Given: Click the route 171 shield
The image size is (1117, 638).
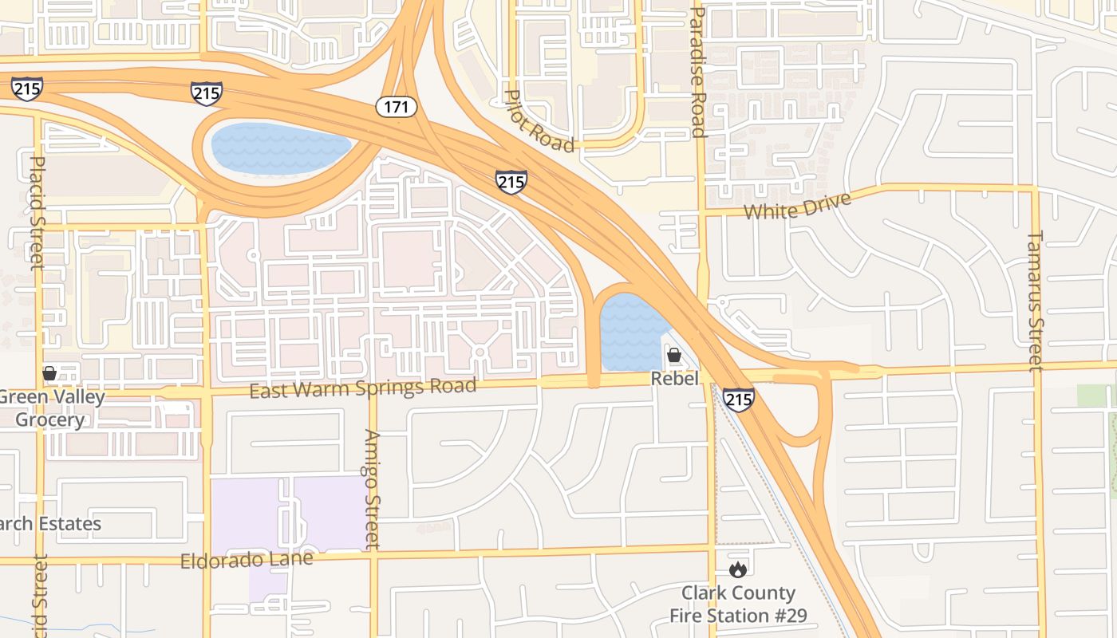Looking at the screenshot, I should (397, 106).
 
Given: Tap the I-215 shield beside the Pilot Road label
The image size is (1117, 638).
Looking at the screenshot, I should (511, 182).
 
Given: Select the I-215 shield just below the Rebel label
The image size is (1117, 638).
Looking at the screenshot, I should (738, 399).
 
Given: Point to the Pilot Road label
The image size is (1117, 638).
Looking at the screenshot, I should (539, 120).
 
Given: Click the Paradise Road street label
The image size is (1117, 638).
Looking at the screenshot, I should (698, 72).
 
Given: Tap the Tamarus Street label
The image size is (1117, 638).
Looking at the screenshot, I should (1035, 301).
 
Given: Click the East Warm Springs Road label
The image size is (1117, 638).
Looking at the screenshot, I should (363, 388).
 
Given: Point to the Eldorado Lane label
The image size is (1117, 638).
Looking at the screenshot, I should (247, 560).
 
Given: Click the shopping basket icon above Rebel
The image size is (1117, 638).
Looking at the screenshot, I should (674, 355).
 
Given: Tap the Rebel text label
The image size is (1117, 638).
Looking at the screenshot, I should (674, 378).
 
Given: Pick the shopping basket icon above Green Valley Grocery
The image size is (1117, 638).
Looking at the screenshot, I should (49, 373).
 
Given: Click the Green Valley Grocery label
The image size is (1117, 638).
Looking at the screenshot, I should (49, 408).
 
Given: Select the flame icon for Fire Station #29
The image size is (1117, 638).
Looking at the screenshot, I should (738, 569).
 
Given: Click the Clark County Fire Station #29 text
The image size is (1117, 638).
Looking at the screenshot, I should (738, 605).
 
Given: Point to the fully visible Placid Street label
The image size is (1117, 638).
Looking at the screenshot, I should (37, 213).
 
